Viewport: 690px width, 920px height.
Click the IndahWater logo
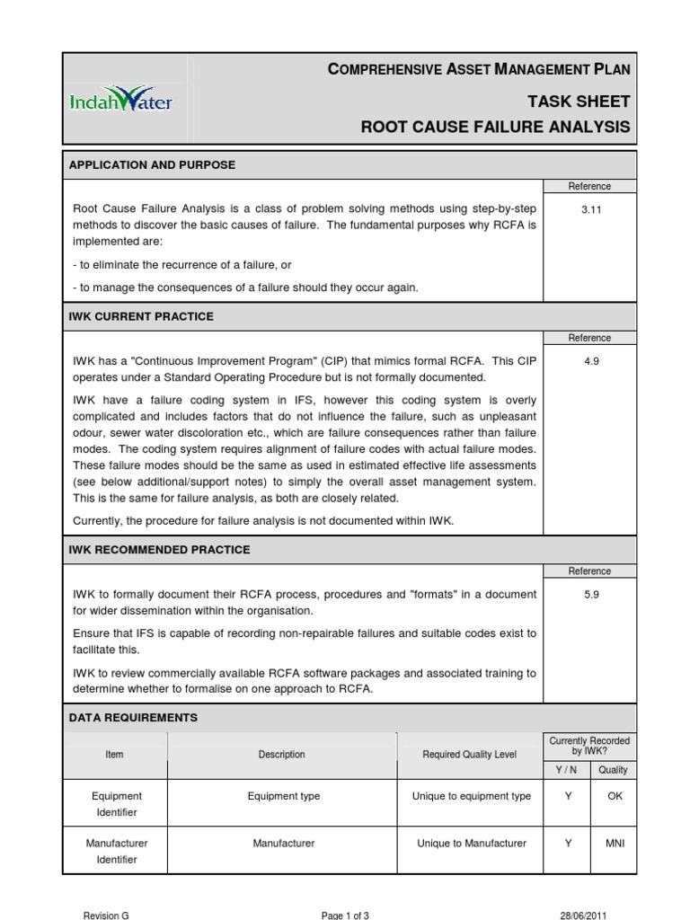[x=120, y=101]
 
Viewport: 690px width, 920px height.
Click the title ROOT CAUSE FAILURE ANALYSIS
[x=495, y=128]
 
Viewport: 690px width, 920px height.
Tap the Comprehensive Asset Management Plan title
[x=479, y=69]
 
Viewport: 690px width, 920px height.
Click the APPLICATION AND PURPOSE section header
[x=153, y=165]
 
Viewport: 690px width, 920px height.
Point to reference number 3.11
[x=589, y=208]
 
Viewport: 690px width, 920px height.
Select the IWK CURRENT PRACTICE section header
[x=141, y=317]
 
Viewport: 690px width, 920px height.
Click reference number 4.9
[x=589, y=360]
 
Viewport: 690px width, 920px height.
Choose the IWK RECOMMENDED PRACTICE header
[x=160, y=550]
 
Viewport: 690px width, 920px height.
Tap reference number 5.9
[x=589, y=594]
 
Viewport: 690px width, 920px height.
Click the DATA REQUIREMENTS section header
[x=133, y=718]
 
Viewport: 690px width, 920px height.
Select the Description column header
[x=281, y=755]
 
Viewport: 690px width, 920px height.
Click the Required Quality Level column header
[x=469, y=755]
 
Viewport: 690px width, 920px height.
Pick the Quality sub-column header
[x=614, y=770]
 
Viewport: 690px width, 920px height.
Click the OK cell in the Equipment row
[x=615, y=796]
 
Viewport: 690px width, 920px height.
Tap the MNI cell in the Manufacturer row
[x=615, y=844]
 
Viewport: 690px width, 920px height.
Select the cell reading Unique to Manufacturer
[x=472, y=844]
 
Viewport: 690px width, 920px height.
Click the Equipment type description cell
[x=283, y=796]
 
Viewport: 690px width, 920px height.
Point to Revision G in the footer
[x=106, y=915]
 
